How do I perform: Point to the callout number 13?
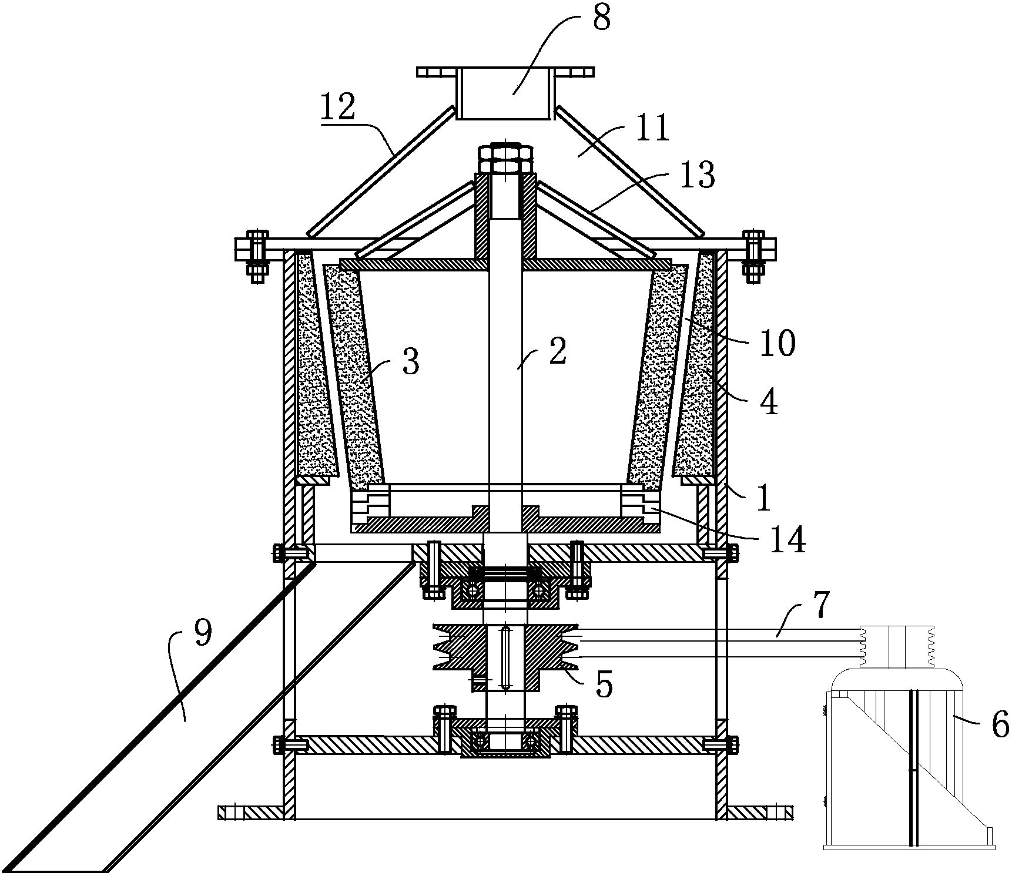click(697, 175)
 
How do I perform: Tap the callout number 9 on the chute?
click(202, 636)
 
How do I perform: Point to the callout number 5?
click(604, 683)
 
